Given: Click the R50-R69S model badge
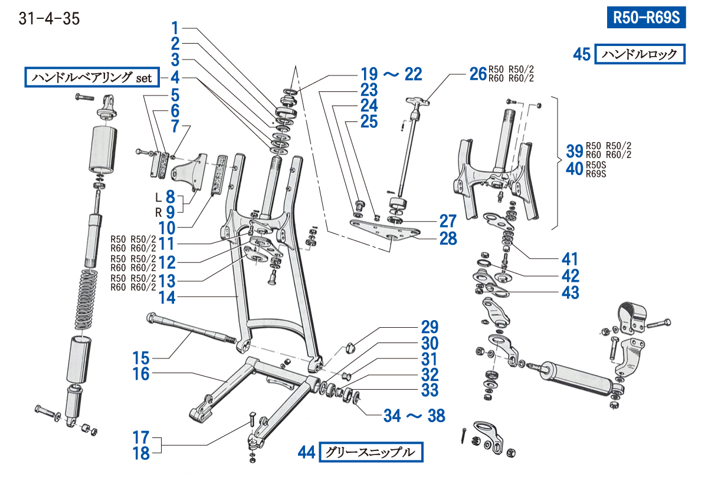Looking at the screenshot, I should [x=647, y=17].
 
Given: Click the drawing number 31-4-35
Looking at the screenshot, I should [x=50, y=19].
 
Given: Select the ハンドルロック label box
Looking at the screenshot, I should [x=640, y=54].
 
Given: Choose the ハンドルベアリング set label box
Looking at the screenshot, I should [x=92, y=77].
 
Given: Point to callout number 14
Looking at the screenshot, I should [x=167, y=298].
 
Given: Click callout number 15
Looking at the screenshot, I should [x=142, y=358].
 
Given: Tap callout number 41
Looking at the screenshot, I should [x=571, y=259].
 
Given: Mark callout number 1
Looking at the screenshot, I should [x=175, y=27].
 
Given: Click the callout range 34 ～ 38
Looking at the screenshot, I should [x=414, y=416].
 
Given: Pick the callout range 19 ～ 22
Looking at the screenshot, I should [x=392, y=74].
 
